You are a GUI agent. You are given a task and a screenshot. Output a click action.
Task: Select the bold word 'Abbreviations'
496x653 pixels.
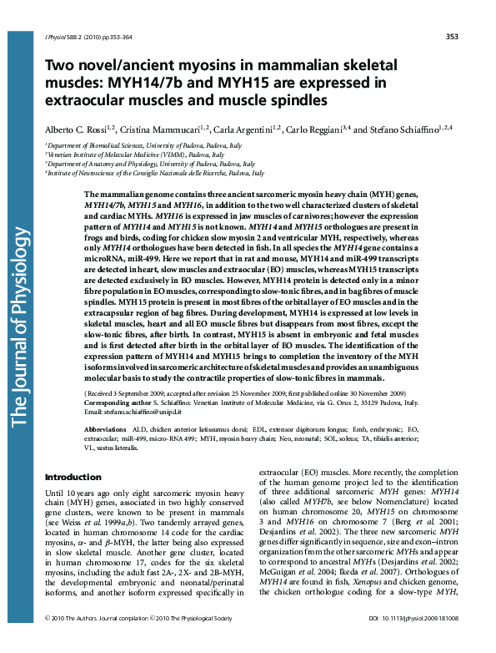tap(104, 428)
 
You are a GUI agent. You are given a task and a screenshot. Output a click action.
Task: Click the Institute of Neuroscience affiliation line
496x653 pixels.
tap(154, 173)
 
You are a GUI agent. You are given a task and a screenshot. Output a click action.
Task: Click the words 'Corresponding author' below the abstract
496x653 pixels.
tap(115, 402)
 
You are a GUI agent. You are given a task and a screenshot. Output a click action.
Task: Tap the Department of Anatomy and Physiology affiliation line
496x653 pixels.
tap(134, 164)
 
